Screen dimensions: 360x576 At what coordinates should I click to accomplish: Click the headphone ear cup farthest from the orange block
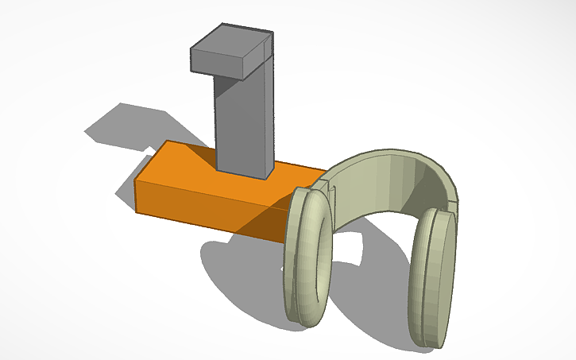[433, 278]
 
